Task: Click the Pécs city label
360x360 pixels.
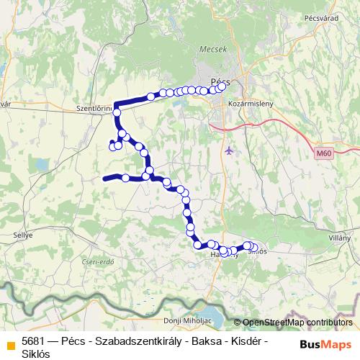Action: pos(219,81)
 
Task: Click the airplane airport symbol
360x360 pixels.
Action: pos(229,150)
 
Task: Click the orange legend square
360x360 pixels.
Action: pos(10,345)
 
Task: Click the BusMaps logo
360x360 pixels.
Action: pos(325,345)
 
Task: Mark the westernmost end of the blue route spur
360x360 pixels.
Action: pos(104,177)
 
